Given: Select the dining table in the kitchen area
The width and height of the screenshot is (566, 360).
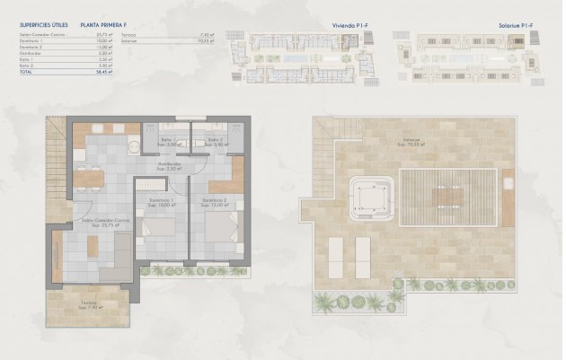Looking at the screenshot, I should coord(88,177).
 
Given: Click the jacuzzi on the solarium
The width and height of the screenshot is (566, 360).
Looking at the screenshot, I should coord(371,197).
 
